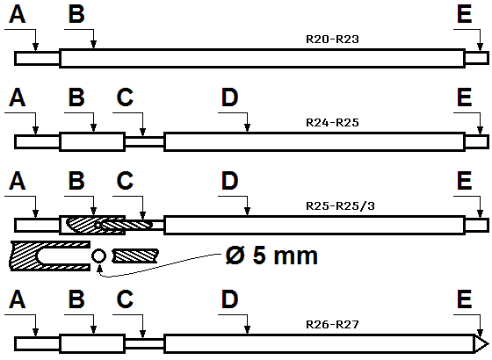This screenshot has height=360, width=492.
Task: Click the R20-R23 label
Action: pos(332,40)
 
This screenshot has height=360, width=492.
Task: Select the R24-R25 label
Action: pos(332,123)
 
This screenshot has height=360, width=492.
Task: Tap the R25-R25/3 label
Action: pos(340,206)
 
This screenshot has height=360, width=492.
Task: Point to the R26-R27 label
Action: pos(332,324)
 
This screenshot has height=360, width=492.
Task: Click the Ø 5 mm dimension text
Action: pos(271,256)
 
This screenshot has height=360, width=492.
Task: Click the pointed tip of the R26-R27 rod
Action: pos(488,344)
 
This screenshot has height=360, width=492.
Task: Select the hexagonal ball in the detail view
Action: pos(98,256)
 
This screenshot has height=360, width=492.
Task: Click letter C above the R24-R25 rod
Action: pos(125,97)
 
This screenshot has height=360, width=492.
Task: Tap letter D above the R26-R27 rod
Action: pos(230,299)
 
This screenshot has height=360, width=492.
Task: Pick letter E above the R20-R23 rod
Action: pos(465,14)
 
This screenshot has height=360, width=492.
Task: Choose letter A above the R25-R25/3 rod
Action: pos(17,181)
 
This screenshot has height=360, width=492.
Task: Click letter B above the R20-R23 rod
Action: pos(76,14)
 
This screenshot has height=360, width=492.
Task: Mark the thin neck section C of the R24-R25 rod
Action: pos(144,141)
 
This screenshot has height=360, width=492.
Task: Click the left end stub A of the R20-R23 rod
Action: pos(37,58)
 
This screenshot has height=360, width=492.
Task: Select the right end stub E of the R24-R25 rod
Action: pos(476,141)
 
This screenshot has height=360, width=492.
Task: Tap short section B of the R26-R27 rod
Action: pos(92,344)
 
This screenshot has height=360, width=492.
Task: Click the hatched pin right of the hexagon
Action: pos(135,256)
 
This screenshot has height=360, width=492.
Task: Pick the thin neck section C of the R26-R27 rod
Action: pos(144,344)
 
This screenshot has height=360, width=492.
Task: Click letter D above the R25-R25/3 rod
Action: pos(230,181)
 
